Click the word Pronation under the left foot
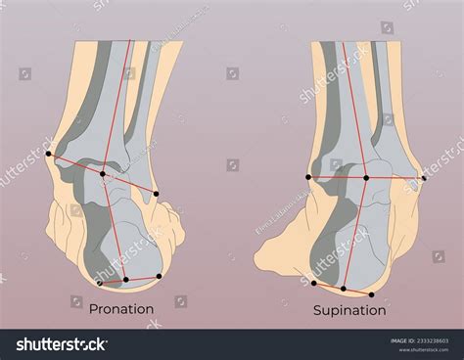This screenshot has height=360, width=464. coord(121,309)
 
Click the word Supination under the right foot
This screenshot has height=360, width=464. coord(349,310)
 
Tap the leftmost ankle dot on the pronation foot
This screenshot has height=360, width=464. coord(52,157)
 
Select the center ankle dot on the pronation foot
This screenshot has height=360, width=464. coord(102,175)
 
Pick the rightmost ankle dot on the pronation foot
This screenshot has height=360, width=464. coord(156,194)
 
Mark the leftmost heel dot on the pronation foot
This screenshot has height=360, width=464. coord(100,283)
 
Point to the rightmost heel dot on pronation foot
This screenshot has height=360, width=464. coord(159,276)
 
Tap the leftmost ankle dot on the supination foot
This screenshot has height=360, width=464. coord(308,177)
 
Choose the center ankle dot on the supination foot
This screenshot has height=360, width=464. coord(366,177)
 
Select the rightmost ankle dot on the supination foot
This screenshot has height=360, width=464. coord(424,177)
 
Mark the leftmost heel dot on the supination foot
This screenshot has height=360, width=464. coord(313,284)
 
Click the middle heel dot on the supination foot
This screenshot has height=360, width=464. coord(344,290)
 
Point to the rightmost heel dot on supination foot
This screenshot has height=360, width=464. coord(372,294)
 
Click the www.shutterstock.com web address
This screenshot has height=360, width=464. coord(422,349)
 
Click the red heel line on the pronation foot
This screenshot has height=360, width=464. coord(137,280)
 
